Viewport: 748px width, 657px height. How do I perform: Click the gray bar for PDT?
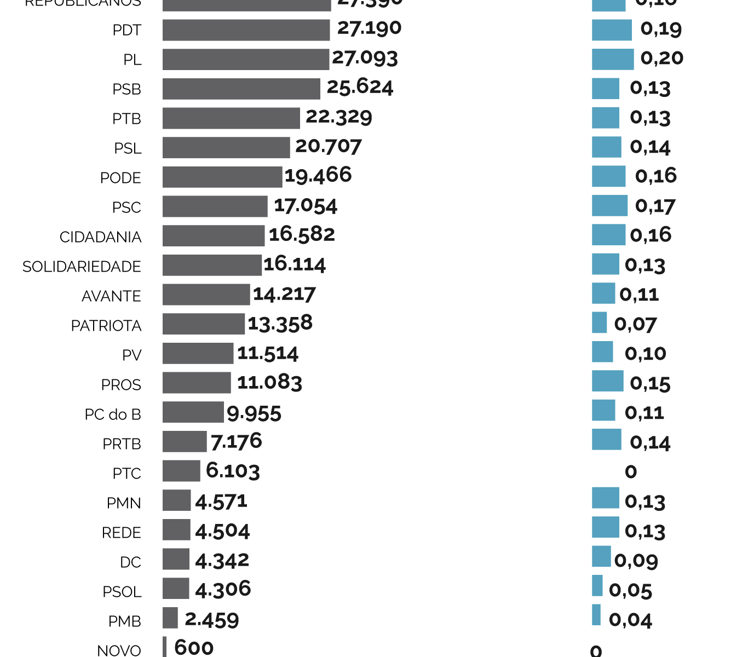pos(246,30)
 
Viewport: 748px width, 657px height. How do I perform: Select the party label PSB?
pos(126,89)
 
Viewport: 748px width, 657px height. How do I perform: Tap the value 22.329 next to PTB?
pos(338,117)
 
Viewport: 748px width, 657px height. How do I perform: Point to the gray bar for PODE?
pos(222,177)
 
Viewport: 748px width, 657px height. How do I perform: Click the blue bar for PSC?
pos(609,206)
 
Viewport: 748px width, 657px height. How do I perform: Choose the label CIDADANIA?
pos(100,237)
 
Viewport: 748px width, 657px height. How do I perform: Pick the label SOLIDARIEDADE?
pos(82,267)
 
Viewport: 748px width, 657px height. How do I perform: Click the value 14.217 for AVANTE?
pos(284,295)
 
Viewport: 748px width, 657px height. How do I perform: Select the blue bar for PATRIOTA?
pos(599,322)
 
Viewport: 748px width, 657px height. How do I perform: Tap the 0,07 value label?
pos(635,324)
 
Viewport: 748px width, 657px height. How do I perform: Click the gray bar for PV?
pos(198,353)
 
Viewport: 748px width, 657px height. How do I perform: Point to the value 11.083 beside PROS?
pos(269,382)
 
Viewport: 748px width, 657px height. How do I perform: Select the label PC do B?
pos(113,414)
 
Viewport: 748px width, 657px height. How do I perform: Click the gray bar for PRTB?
pos(185,441)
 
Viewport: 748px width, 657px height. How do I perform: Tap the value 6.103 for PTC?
pos(233,471)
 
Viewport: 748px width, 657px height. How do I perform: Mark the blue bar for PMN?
pos(605,498)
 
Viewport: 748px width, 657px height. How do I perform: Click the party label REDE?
pos(122,533)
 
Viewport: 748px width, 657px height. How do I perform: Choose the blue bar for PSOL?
pos(597,586)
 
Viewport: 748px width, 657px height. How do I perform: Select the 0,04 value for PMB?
pos(630,620)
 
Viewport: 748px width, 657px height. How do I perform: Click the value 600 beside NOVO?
pos(194,648)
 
